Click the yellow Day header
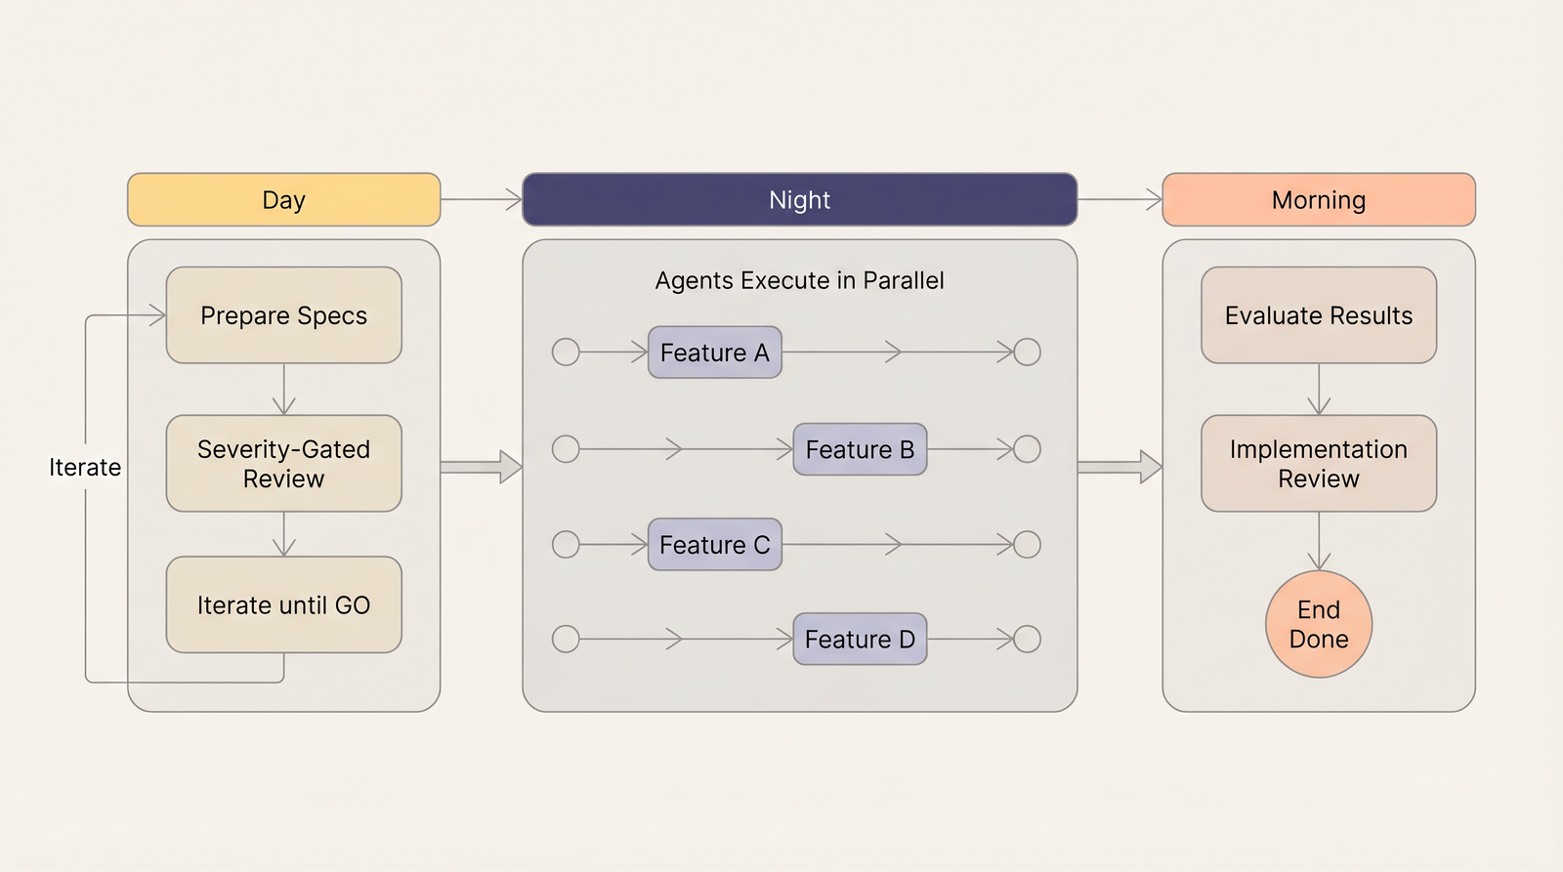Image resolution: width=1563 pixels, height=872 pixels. pos(283,200)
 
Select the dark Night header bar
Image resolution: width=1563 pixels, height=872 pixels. pos(799,200)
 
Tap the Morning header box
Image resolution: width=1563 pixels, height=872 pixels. pos(1318,200)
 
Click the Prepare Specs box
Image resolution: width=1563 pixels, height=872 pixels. pos(283,315)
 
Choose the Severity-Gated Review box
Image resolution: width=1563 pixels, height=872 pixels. pos(283,464)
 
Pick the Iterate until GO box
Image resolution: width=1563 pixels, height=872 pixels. pos(283,605)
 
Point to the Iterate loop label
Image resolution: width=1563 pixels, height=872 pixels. pos(85,468)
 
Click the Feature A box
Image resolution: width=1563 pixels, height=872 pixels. pos(714,353)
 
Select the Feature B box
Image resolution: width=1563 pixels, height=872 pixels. pos(860,449)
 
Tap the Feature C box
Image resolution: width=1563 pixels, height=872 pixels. pos(714,545)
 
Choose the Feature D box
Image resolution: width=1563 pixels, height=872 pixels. pos(860,640)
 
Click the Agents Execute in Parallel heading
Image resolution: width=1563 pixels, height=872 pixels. pos(799,281)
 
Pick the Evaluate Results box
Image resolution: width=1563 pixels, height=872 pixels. pos(1318,315)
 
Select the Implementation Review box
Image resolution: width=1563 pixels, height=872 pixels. pos(1318,464)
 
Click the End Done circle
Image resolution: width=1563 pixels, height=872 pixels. pos(1318,625)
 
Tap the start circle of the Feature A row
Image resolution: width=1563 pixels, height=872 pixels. pos(566,353)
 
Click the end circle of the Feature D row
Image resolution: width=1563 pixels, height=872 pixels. pos(1027,640)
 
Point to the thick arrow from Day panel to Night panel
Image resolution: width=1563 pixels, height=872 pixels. pos(481,467)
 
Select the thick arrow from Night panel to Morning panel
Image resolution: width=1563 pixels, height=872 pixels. pos(1119,467)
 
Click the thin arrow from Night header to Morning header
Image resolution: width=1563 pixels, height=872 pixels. pos(1119,200)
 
